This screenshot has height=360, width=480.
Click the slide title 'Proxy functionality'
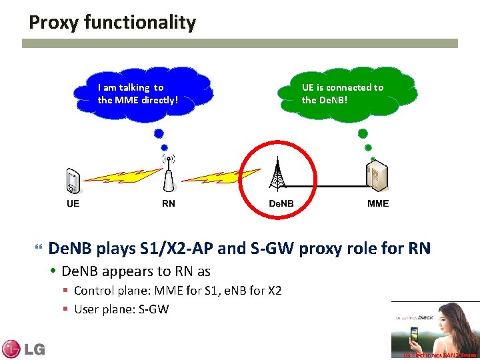coord(112,23)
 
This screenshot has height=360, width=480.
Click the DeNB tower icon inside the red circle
coord(277,175)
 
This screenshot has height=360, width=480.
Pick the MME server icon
coord(377,177)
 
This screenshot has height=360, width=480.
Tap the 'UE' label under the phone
coord(73,203)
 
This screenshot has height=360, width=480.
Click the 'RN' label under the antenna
coord(169,203)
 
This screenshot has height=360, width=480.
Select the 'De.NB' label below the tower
coord(281,203)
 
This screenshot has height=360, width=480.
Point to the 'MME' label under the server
coord(378,203)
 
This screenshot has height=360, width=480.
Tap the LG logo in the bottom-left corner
coord(23,348)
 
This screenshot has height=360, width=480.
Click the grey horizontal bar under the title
coord(240,43)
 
